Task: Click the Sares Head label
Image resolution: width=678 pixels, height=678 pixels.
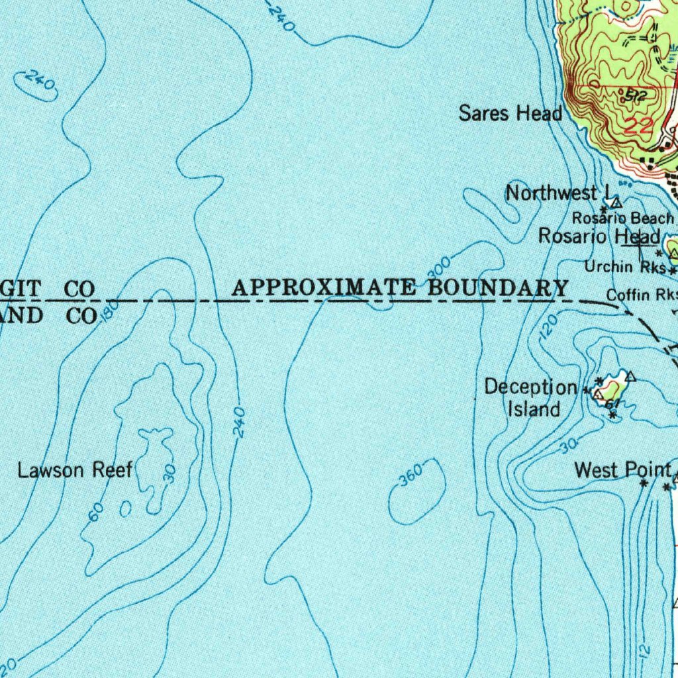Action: (x=510, y=114)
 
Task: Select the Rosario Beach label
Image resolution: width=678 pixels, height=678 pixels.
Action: (x=622, y=218)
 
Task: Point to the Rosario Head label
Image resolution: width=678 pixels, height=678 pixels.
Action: (x=599, y=236)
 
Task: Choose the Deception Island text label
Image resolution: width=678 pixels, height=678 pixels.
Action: (x=532, y=398)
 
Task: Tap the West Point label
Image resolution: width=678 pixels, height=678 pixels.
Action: (x=622, y=470)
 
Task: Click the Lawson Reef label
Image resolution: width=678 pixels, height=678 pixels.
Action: (x=75, y=471)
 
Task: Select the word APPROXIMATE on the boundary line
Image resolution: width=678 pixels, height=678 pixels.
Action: (x=324, y=288)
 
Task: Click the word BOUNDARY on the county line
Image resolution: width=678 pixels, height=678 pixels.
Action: (x=498, y=288)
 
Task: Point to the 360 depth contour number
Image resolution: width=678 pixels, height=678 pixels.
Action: (x=411, y=476)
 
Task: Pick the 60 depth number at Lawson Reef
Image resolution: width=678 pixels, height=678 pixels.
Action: (x=95, y=512)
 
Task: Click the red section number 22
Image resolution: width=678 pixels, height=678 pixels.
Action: (x=638, y=127)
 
